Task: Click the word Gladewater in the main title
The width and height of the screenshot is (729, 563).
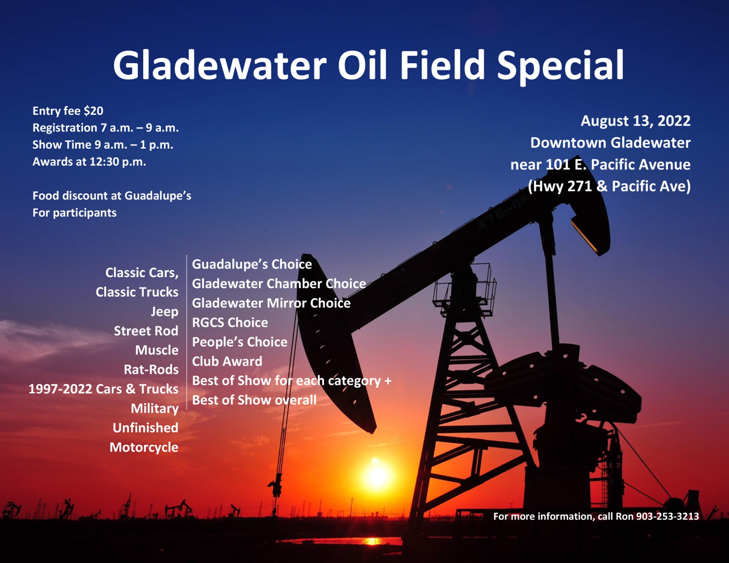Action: [220, 66]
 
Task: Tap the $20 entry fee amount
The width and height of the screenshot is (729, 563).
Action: [93, 111]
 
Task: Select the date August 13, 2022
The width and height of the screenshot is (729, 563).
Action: [636, 121]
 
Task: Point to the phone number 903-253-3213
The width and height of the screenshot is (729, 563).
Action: [668, 516]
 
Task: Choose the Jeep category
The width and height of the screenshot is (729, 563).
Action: [164, 312]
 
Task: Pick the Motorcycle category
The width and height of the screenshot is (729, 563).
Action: [144, 447]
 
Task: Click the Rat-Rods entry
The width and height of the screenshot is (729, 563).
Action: [151, 370]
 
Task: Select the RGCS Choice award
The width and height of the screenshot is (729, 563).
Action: [230, 323]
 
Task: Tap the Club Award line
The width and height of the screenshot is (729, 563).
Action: [227, 361]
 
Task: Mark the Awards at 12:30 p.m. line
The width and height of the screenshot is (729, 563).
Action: [89, 162]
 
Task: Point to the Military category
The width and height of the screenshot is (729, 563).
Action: [154, 409]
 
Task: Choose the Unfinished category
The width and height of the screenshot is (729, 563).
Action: [146, 428]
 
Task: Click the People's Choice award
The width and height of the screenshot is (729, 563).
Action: [240, 342]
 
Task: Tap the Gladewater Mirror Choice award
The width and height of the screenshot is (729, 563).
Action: [271, 303]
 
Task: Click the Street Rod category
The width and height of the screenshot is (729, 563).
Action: [146, 331]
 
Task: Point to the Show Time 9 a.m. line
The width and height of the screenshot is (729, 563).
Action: [103, 145]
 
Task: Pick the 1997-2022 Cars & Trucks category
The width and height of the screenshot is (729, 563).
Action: [104, 389]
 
